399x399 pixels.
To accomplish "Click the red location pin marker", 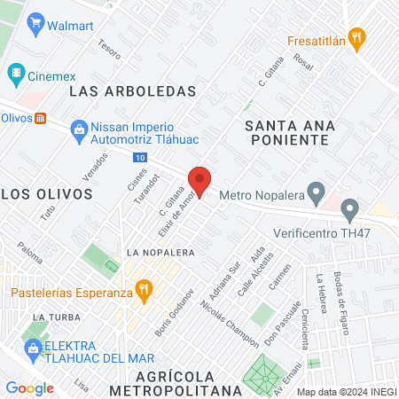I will tap(199, 182).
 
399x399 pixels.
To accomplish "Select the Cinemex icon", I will tap(16, 72).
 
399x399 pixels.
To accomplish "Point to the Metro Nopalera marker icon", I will tap(315, 192).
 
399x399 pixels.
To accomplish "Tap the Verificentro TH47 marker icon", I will tap(349, 211).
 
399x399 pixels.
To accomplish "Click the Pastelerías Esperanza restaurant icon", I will tap(142, 289).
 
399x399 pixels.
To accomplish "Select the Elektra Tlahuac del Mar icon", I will tap(33, 348).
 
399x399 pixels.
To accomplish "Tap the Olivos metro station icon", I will tap(40, 117).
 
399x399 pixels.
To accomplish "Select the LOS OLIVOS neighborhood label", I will tap(47, 192).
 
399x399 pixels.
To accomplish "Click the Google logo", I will tap(29, 387).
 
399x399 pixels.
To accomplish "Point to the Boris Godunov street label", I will tap(174, 307).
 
